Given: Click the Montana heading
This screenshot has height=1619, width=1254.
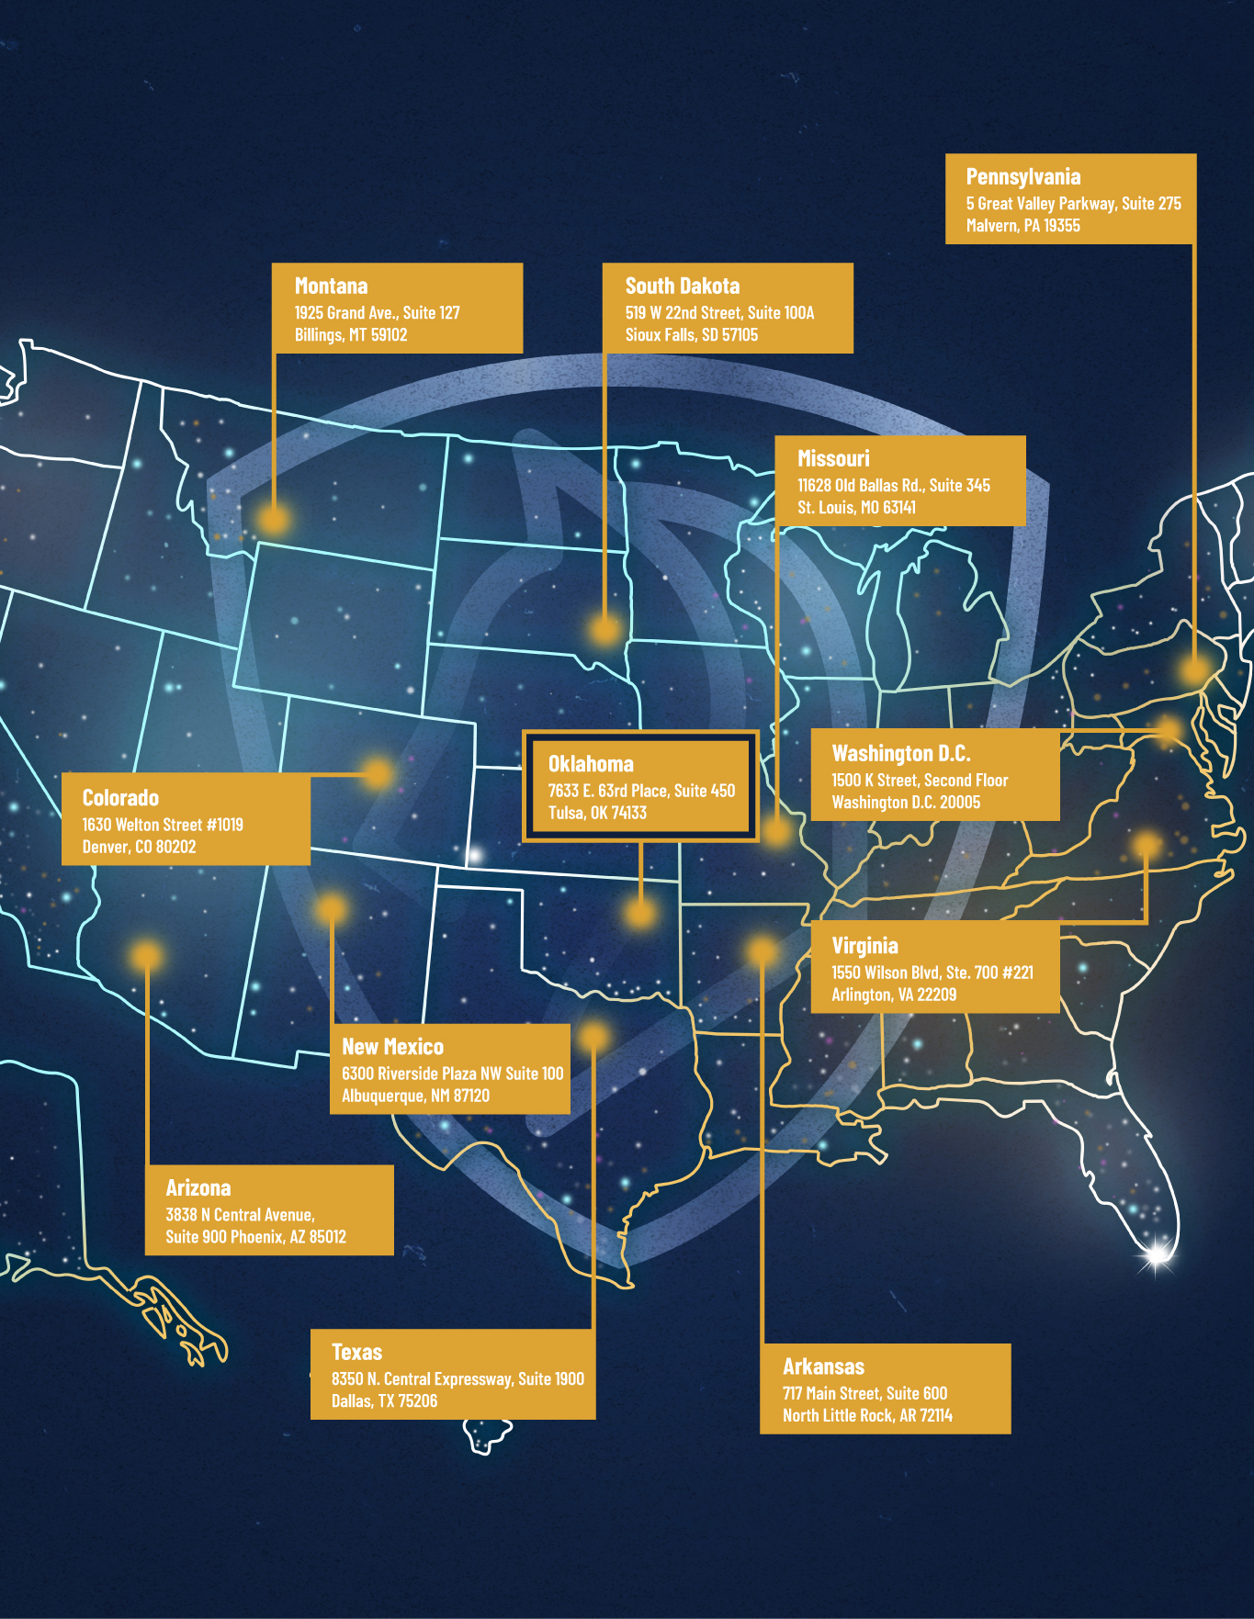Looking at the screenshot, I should click(x=331, y=287).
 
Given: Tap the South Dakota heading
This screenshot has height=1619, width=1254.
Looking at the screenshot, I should click(x=682, y=287).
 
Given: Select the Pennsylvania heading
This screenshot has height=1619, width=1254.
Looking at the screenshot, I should click(x=1022, y=177).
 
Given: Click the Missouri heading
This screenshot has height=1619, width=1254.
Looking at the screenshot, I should click(x=832, y=459).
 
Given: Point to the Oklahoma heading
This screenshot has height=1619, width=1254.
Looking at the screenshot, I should click(x=591, y=764).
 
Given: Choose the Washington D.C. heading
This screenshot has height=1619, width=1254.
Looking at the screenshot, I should click(x=900, y=754).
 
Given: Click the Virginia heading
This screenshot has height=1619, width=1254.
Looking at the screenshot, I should click(x=864, y=946).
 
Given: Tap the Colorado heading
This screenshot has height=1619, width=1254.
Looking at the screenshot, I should click(x=120, y=798).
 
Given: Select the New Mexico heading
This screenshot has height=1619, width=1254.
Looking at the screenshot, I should click(x=392, y=1047).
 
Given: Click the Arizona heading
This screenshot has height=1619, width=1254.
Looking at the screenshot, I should click(x=198, y=1188).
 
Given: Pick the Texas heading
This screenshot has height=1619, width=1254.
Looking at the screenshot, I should click(x=356, y=1353).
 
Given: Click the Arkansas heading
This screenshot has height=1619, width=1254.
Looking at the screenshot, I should click(x=823, y=1367).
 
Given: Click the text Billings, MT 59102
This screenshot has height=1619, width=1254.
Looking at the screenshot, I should click(x=351, y=335).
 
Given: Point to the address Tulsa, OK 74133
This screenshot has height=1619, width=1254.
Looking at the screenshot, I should click(x=597, y=813).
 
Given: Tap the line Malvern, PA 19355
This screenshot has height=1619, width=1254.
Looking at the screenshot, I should click(x=1022, y=226).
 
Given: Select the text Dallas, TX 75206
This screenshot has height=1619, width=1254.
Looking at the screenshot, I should click(x=384, y=1401).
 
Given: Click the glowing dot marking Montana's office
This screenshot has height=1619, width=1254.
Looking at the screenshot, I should click(x=274, y=520).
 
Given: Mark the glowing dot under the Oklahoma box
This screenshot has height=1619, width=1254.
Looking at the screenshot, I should click(x=639, y=913).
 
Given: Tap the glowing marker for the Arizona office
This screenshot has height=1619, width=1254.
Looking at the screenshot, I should click(x=146, y=955).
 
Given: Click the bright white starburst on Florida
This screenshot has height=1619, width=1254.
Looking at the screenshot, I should click(x=1157, y=1253).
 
